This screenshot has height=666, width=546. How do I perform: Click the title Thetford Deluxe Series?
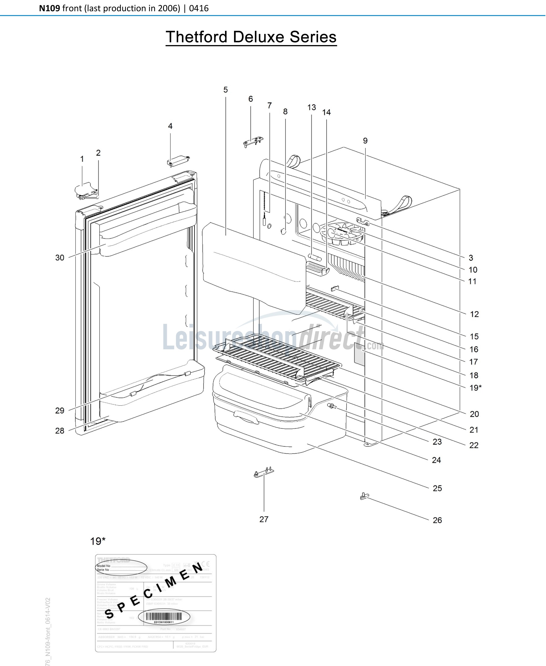(251, 37)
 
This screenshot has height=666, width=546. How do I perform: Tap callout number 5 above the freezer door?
(225, 90)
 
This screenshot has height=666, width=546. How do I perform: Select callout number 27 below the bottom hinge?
(264, 519)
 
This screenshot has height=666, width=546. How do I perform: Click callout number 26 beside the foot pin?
(437, 520)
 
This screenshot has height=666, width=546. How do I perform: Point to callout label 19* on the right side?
(475, 388)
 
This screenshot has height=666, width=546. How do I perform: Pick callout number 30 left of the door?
(60, 258)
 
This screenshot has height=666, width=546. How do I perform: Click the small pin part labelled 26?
(364, 497)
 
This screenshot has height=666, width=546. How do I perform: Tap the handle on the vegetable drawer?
(246, 418)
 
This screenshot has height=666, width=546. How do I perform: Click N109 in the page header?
(49, 8)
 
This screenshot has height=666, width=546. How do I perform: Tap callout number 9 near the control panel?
(365, 141)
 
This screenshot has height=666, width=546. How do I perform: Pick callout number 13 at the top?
(311, 108)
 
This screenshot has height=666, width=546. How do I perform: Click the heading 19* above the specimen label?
(98, 541)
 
